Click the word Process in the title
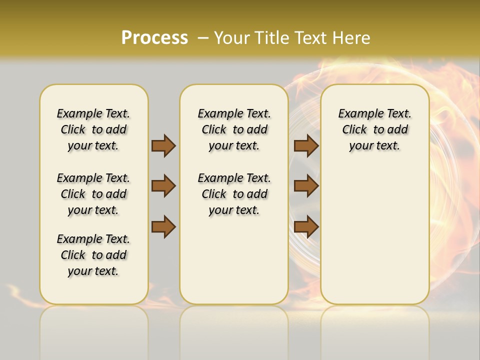154,38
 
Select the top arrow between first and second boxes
163,145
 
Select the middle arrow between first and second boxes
163,186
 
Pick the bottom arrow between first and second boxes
163,226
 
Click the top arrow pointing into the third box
306,145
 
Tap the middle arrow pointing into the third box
306,186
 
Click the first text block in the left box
93,129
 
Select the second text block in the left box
93,194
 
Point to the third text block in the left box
93,255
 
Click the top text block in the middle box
234,129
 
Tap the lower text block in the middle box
234,194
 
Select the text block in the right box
374,129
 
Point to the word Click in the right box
354,130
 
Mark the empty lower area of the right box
374,235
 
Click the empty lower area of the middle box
234,260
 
